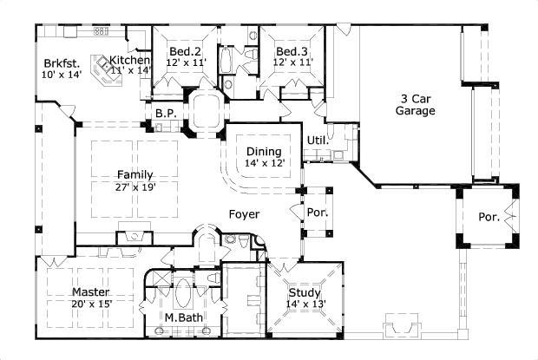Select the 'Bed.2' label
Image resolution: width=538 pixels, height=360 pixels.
(x=185, y=52)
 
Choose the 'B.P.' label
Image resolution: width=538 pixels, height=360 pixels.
(x=166, y=114)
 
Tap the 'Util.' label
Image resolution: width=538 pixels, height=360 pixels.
(x=317, y=140)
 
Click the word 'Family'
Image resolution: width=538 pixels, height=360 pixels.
(x=134, y=175)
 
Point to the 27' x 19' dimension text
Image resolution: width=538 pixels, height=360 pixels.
(x=134, y=187)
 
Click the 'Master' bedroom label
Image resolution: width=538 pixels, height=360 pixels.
(x=90, y=291)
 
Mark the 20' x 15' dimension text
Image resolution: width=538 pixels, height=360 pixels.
(x=90, y=304)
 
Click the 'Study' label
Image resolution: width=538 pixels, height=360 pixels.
(x=304, y=291)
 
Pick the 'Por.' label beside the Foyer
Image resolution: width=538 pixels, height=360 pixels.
(x=316, y=212)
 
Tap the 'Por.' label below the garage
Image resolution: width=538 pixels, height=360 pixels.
(x=489, y=217)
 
